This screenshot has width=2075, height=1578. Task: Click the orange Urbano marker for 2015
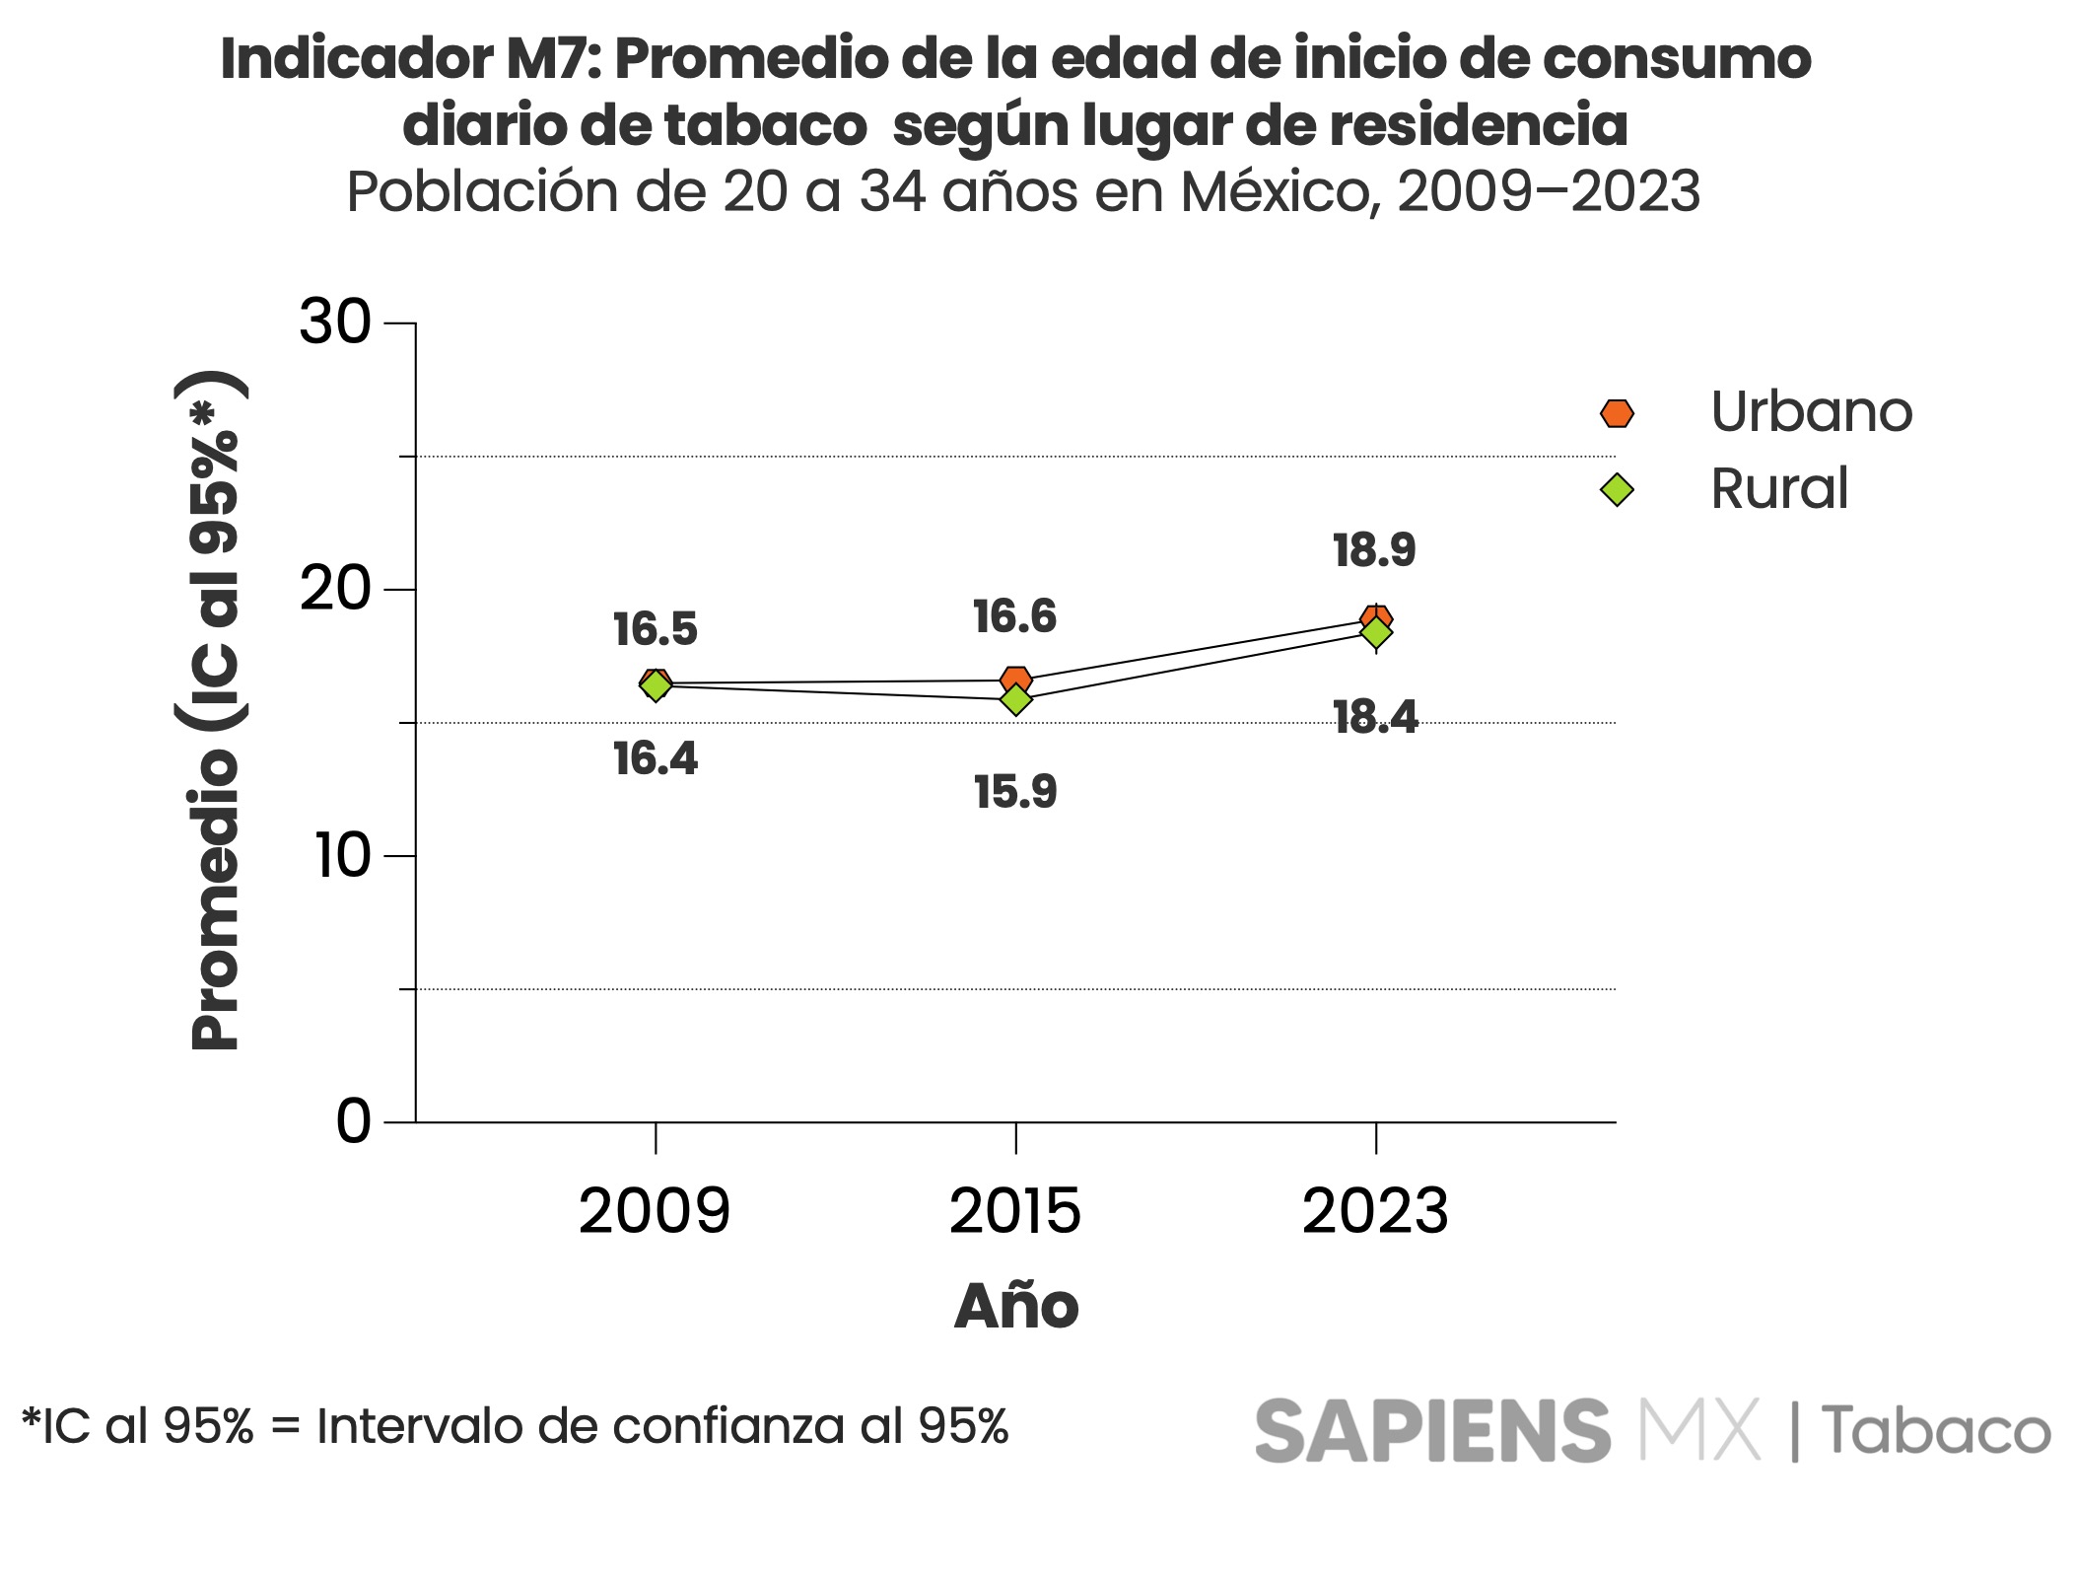[1016, 679]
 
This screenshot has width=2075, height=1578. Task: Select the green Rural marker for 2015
[1015, 700]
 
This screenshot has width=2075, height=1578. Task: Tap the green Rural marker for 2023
[1376, 633]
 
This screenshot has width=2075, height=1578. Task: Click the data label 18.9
[1374, 550]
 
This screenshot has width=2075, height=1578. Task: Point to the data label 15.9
[1015, 792]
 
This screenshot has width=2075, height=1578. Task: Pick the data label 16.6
[1014, 616]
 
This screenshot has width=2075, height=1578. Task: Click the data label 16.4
[656, 758]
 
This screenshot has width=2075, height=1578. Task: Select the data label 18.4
[1375, 717]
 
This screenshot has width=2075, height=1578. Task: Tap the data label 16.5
[656, 629]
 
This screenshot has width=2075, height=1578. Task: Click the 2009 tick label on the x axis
[655, 1211]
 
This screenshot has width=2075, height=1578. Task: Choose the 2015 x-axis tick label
[1015, 1211]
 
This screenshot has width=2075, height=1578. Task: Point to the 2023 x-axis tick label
[1375, 1211]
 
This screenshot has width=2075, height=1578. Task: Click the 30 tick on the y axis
[335, 322]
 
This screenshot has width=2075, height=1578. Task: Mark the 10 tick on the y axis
[342, 855]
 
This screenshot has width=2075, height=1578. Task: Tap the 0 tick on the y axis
[354, 1121]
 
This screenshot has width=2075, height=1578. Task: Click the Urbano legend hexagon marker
[1617, 413]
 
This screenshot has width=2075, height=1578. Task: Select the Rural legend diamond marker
[1617, 489]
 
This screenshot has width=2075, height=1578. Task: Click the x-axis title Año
[1016, 1307]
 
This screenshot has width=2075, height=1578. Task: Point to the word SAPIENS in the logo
[1432, 1431]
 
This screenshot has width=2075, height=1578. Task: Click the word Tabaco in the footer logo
[1936, 1432]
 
